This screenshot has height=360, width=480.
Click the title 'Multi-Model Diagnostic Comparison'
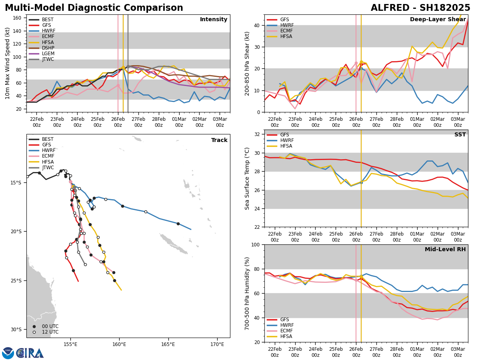[94, 8]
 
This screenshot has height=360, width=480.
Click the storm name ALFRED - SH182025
[420, 8]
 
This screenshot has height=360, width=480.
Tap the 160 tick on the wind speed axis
[18, 18]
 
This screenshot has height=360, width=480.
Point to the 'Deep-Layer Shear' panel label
[438, 20]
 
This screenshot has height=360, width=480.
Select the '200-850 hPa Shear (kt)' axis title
[247, 63]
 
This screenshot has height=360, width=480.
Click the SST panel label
[460, 135]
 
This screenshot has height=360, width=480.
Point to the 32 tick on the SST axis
[258, 134]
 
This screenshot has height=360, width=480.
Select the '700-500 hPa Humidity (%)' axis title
[247, 293]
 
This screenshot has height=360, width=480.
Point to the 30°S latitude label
[15, 330]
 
